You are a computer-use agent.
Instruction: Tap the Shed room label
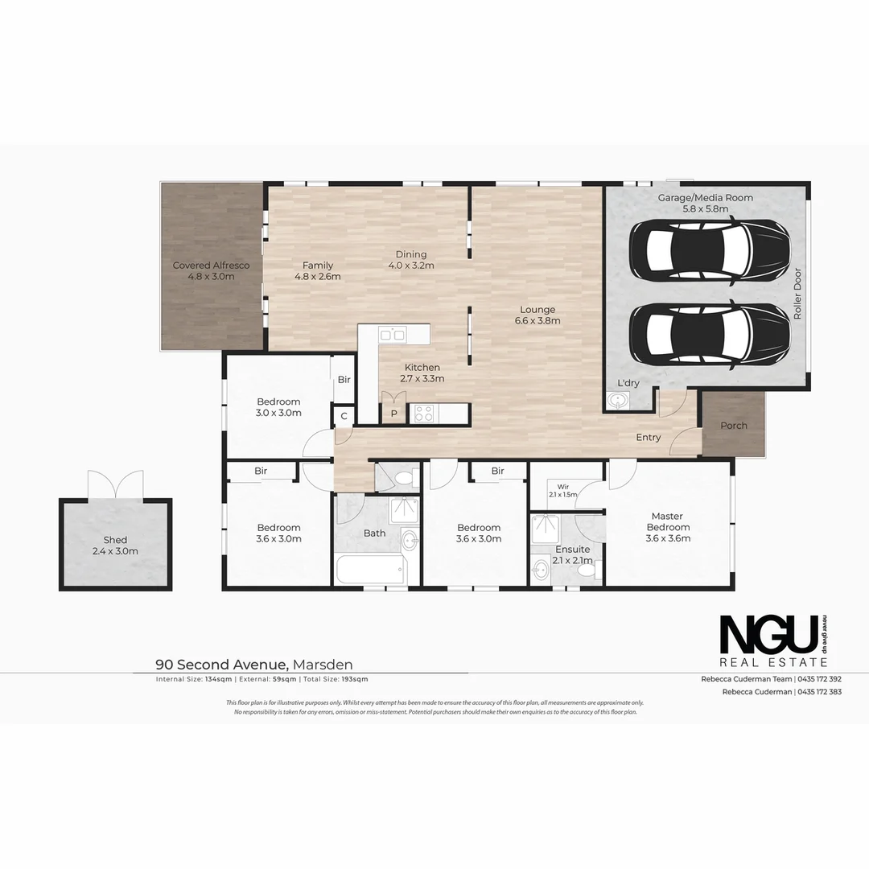115,546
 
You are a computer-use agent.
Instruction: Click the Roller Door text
797,294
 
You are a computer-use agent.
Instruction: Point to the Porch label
733,426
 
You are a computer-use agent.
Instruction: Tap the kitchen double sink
393,334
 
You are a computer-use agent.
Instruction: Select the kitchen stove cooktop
423,414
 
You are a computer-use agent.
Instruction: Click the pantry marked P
394,412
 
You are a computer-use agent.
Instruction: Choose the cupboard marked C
344,416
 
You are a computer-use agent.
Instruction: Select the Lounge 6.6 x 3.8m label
537,315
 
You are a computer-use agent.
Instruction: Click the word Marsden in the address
323,665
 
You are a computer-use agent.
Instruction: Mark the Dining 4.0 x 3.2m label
410,260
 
